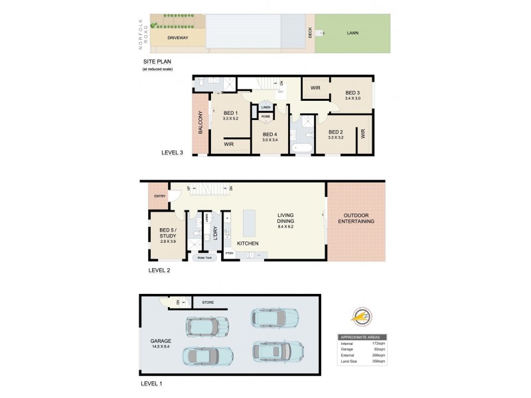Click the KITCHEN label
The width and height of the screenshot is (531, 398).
pos(248,244)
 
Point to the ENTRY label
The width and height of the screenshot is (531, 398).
pos(159,196)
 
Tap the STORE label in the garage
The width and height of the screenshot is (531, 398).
pos(208,302)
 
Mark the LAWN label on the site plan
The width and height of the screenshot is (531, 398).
pos(352,33)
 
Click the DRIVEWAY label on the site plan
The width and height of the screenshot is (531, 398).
pos(178,38)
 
